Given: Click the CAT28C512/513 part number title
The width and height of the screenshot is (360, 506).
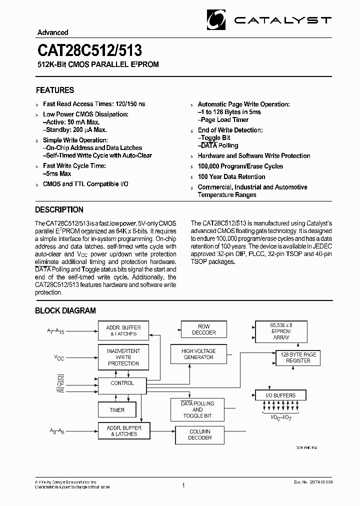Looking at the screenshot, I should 89,51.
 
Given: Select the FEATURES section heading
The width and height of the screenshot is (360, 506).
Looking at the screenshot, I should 55,90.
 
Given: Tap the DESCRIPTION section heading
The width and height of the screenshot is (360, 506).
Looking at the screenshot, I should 59,209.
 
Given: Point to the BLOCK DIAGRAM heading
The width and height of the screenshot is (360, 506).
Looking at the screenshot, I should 65,310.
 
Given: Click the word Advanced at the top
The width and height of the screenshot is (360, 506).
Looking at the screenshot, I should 52,32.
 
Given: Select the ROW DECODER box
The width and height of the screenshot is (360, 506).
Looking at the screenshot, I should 204,329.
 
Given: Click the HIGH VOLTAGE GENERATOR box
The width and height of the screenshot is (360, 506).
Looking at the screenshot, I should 197,354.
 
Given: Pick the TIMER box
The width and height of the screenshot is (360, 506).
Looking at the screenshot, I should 117,410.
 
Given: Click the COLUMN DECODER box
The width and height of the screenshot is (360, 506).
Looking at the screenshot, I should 200,434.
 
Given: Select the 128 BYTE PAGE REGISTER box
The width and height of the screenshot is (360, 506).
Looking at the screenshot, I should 298,357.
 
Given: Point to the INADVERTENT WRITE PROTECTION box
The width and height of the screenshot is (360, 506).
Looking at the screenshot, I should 123,357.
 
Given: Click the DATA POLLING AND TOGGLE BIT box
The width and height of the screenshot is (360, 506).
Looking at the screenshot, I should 197,409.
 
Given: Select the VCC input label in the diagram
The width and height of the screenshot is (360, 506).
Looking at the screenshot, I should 59,358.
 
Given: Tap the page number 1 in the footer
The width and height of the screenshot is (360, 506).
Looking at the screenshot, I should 184,485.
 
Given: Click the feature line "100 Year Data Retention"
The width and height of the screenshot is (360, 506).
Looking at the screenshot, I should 231,176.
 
